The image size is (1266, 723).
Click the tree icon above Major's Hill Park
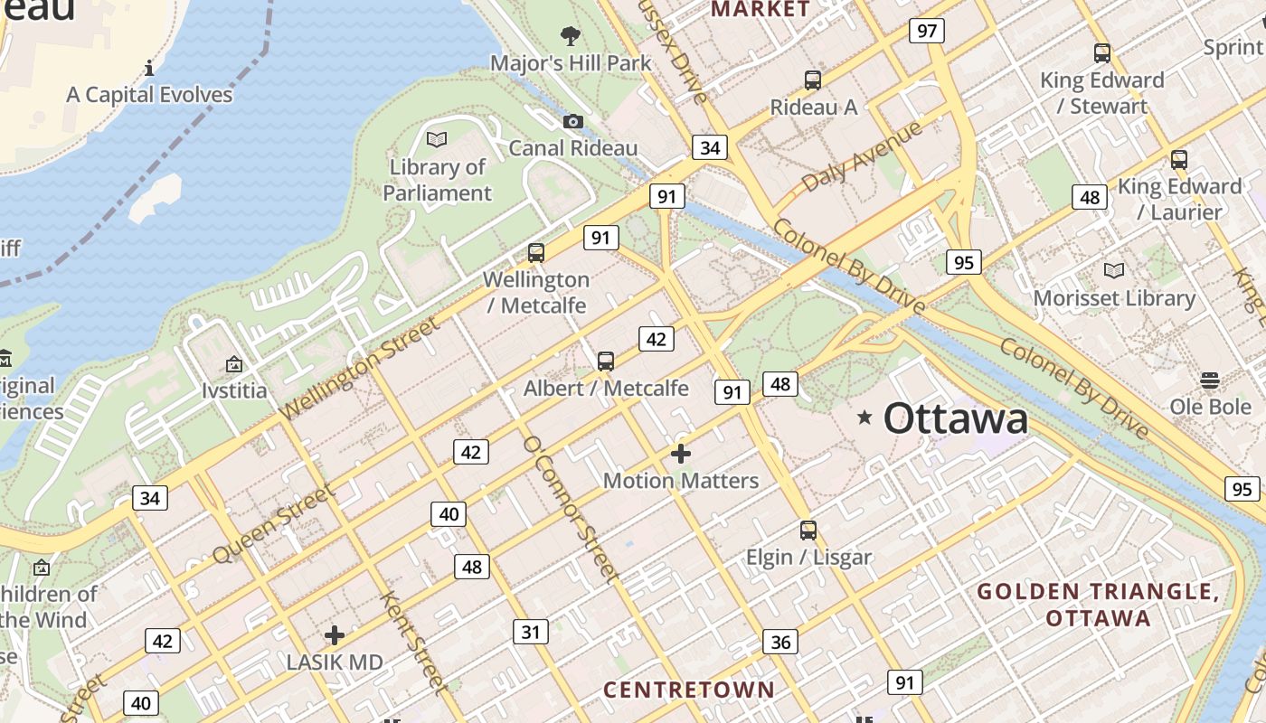tap(571, 36)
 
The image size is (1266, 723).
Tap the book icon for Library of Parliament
tap(437, 139)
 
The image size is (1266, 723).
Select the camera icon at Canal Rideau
tap(572, 121)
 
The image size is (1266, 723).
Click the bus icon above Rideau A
tap(813, 80)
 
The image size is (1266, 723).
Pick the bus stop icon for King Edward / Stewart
tap(1101, 52)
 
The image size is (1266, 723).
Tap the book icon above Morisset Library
tap(1114, 270)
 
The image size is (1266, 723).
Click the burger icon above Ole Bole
tap(1210, 380)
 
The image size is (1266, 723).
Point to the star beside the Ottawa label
tap(864, 417)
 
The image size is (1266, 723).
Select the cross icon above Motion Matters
tap(681, 453)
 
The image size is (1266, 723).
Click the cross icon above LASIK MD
tap(335, 635)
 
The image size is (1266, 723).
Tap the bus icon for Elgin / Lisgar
tap(808, 531)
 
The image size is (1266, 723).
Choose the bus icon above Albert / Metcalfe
tap(606, 361)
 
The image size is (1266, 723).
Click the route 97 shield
tap(927, 32)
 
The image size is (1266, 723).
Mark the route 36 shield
tap(780, 642)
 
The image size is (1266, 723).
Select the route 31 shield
tap(531, 632)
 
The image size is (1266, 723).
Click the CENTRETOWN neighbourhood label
tap(689, 690)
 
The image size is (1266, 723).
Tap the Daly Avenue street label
tap(861, 156)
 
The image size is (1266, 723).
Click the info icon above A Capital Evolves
tap(149, 68)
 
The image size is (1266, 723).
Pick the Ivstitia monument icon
tap(234, 364)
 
